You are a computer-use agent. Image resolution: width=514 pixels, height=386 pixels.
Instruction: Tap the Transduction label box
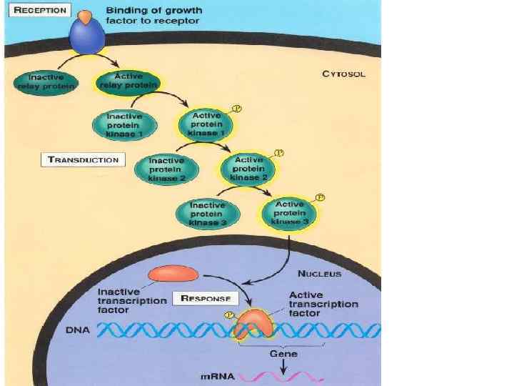(83, 159)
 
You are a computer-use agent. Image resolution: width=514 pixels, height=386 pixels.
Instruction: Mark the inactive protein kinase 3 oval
(208, 213)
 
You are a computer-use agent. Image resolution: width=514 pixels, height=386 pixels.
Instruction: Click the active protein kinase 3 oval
(289, 212)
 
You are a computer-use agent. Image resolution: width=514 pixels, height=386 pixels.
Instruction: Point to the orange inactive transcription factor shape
(173, 273)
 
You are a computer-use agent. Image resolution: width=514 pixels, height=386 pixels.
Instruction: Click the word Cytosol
(343, 74)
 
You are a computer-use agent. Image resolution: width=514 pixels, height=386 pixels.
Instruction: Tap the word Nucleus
(320, 274)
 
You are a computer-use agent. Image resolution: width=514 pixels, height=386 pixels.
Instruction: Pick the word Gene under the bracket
(283, 353)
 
